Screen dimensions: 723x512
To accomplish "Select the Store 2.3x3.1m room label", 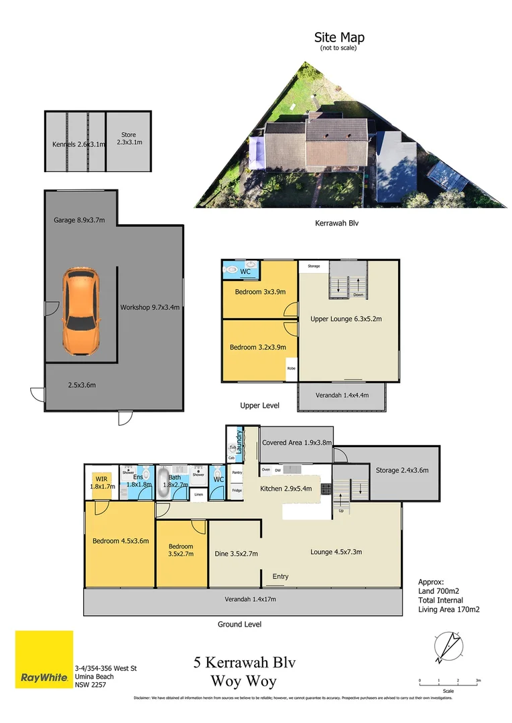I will pyautogui.click(x=128, y=139).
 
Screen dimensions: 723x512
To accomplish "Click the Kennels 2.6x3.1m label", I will pyautogui.click(x=78, y=144).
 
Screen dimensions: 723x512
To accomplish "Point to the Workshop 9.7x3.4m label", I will pyautogui.click(x=149, y=307).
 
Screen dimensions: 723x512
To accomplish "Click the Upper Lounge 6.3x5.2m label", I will pyautogui.click(x=346, y=319).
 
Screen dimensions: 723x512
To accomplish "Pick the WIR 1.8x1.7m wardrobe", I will pyautogui.click(x=102, y=483).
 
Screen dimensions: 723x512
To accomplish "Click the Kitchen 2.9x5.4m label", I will pyautogui.click(x=286, y=489).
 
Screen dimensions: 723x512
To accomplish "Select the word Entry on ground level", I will pyautogui.click(x=281, y=576).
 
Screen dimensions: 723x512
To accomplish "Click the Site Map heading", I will pyautogui.click(x=339, y=37).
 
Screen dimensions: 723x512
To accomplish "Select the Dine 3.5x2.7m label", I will pyautogui.click(x=236, y=554).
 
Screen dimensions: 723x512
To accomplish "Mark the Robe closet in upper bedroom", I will pyautogui.click(x=292, y=369).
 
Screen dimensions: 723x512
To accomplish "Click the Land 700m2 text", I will pyautogui.click(x=440, y=592).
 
